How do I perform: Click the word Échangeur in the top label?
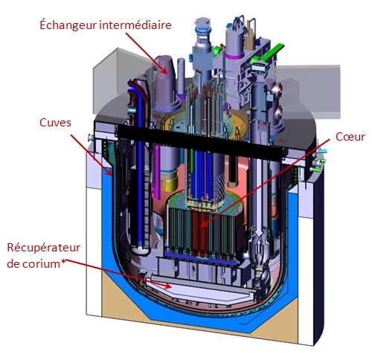(x=68, y=25)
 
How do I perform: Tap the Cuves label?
(x=55, y=123)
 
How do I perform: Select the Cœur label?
(x=350, y=137)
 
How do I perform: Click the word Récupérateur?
(x=44, y=248)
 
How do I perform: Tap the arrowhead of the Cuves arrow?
(x=109, y=172)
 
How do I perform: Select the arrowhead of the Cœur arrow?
(x=204, y=224)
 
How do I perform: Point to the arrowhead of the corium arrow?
(x=167, y=286)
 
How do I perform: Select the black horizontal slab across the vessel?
(x=199, y=141)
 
